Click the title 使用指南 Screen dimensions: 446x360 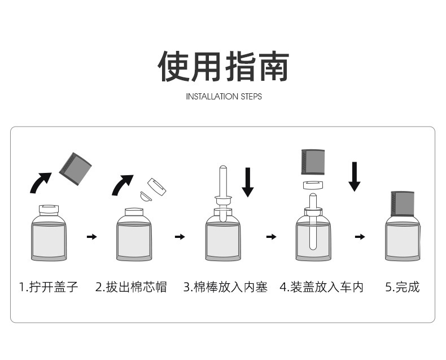pyautogui.click(x=223, y=67)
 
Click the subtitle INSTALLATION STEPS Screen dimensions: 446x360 pyautogui.click(x=224, y=97)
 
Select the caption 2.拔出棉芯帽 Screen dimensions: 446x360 pyautogui.click(x=131, y=287)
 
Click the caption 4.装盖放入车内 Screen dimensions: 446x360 pyautogui.click(x=321, y=287)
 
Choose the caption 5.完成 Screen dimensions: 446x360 pyautogui.click(x=403, y=287)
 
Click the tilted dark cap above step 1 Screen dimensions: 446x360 pyautogui.click(x=75, y=168)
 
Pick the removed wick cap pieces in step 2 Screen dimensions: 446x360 pyautogui.click(x=152, y=189)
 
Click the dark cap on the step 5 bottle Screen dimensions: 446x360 pyautogui.click(x=403, y=203)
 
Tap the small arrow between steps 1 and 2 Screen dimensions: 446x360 pyautogui.click(x=91, y=237)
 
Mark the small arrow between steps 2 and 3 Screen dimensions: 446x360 pyautogui.click(x=180, y=237)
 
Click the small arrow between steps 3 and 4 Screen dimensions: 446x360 pyautogui.click(x=272, y=237)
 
